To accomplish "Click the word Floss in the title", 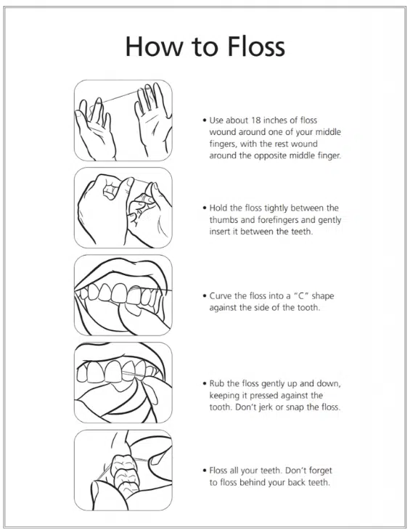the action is pyautogui.click(x=256, y=46).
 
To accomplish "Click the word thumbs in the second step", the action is pyautogui.click(x=223, y=220).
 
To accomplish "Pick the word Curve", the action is pyautogui.click(x=220, y=296).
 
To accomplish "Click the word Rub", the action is pyautogui.click(x=217, y=383).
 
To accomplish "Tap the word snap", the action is pyautogui.click(x=295, y=407).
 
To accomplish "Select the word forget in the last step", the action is pyautogui.click(x=321, y=471).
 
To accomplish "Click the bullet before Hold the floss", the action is pyautogui.click(x=205, y=208).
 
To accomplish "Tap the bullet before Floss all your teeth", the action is pyautogui.click(x=205, y=471).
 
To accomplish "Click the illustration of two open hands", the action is pyautogui.click(x=123, y=121).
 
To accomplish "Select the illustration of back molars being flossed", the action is pyautogui.click(x=123, y=470).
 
